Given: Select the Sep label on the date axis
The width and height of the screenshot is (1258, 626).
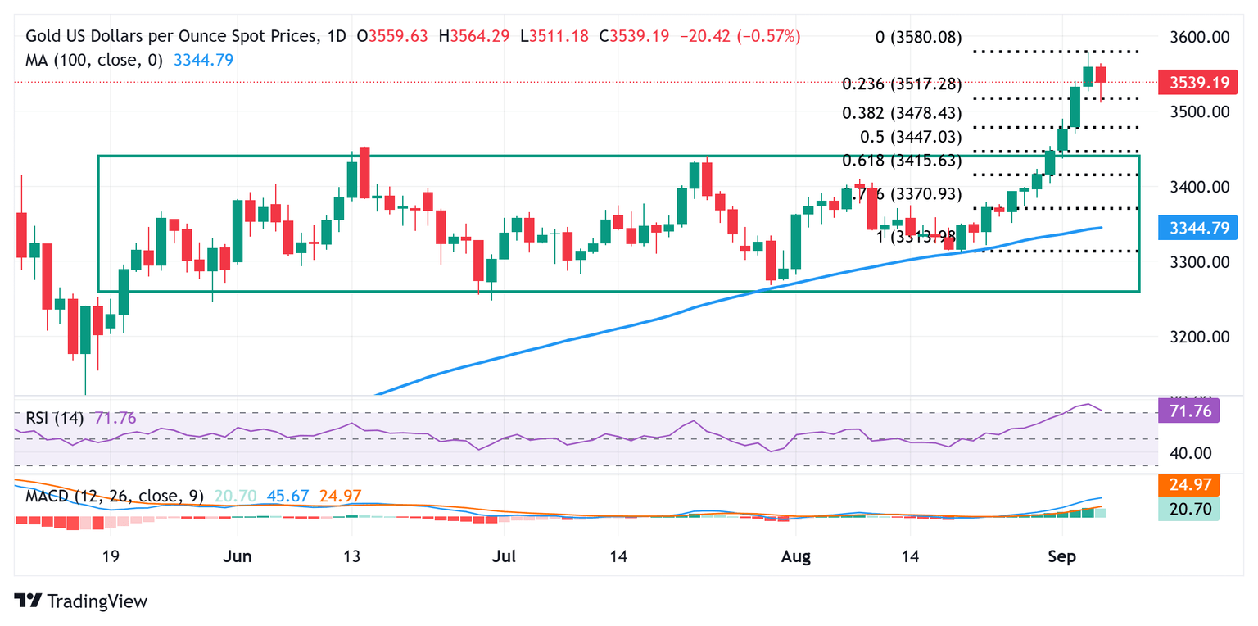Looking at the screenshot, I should click(1061, 557).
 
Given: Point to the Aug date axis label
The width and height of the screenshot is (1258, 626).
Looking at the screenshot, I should click(796, 557).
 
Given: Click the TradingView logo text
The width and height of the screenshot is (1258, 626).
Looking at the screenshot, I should click(97, 601).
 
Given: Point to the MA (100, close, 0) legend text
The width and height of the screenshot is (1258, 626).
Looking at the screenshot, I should click(95, 60).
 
